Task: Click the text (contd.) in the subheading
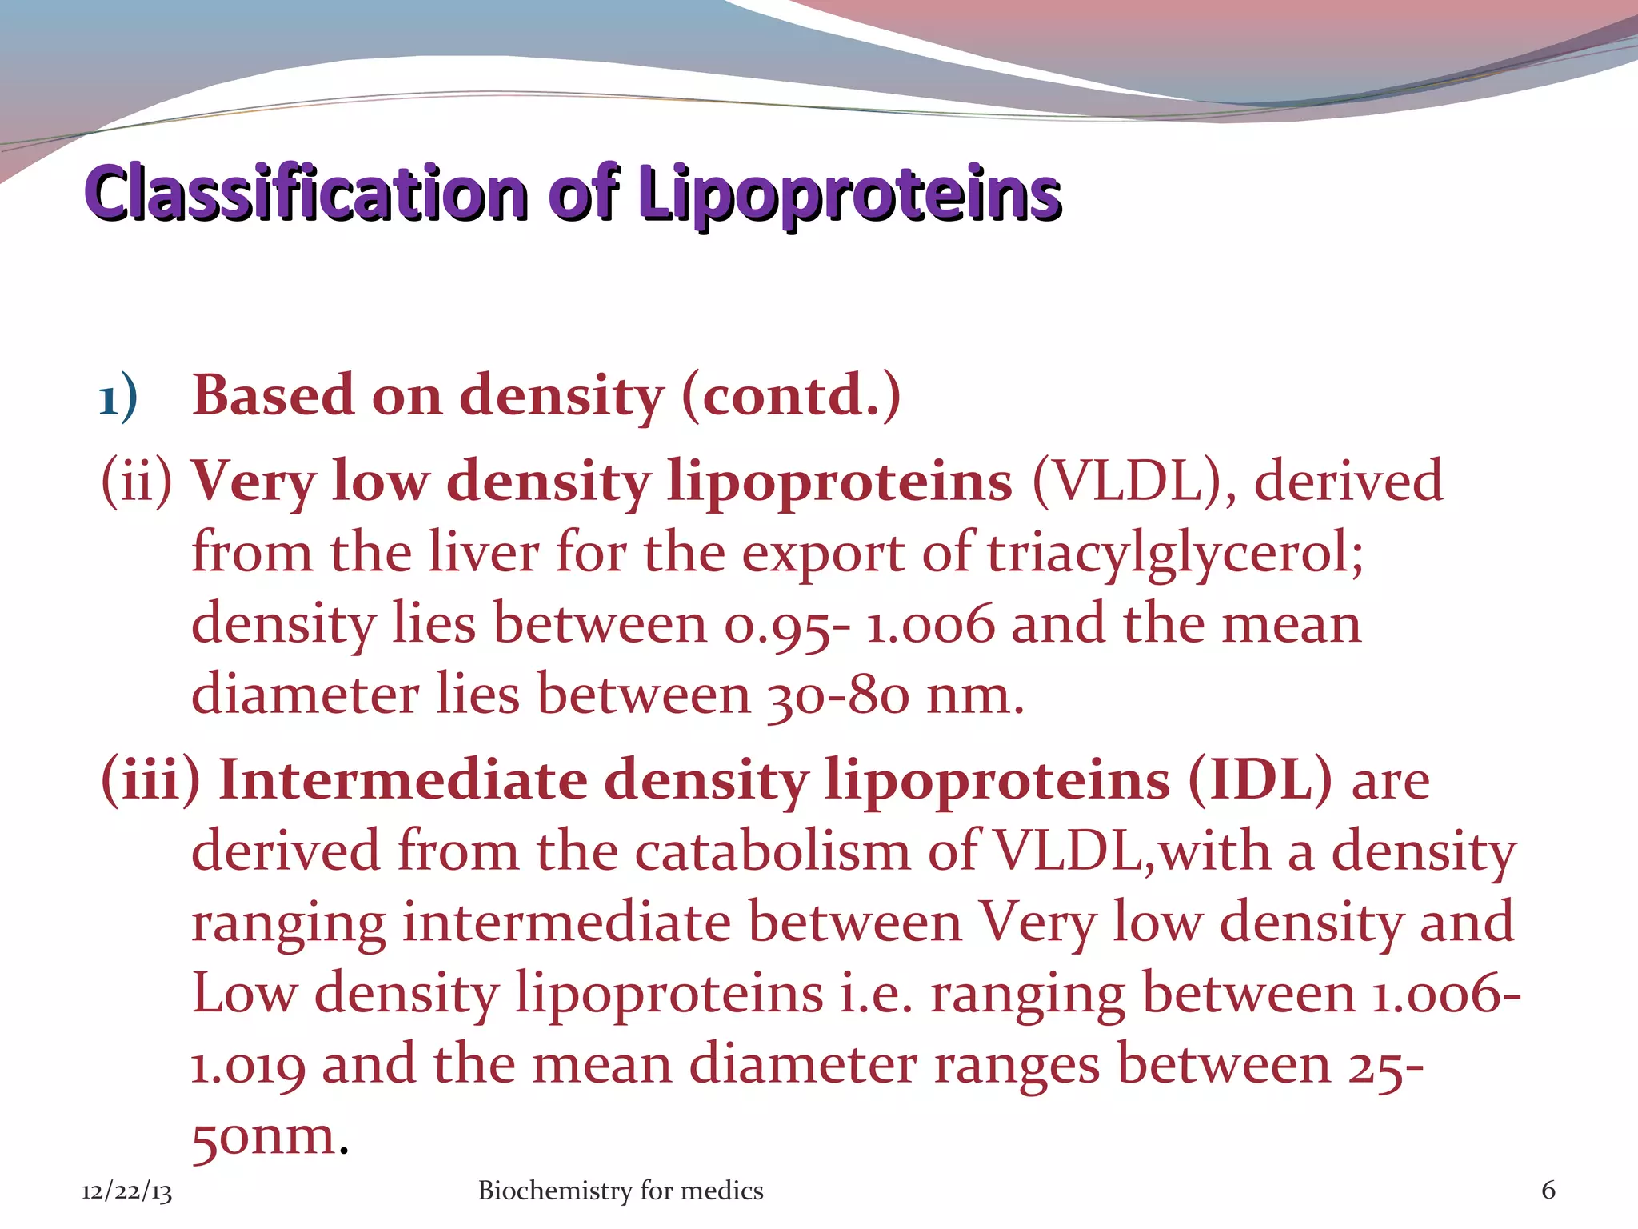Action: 791,394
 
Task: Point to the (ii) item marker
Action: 136,481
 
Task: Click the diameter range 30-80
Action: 838,695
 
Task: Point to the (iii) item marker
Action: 150,779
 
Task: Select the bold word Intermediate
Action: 404,779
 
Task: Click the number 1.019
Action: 248,1065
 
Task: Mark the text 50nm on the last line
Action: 264,1135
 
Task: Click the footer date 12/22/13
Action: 126,1191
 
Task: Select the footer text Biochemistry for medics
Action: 621,1191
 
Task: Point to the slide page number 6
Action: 1548,1191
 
